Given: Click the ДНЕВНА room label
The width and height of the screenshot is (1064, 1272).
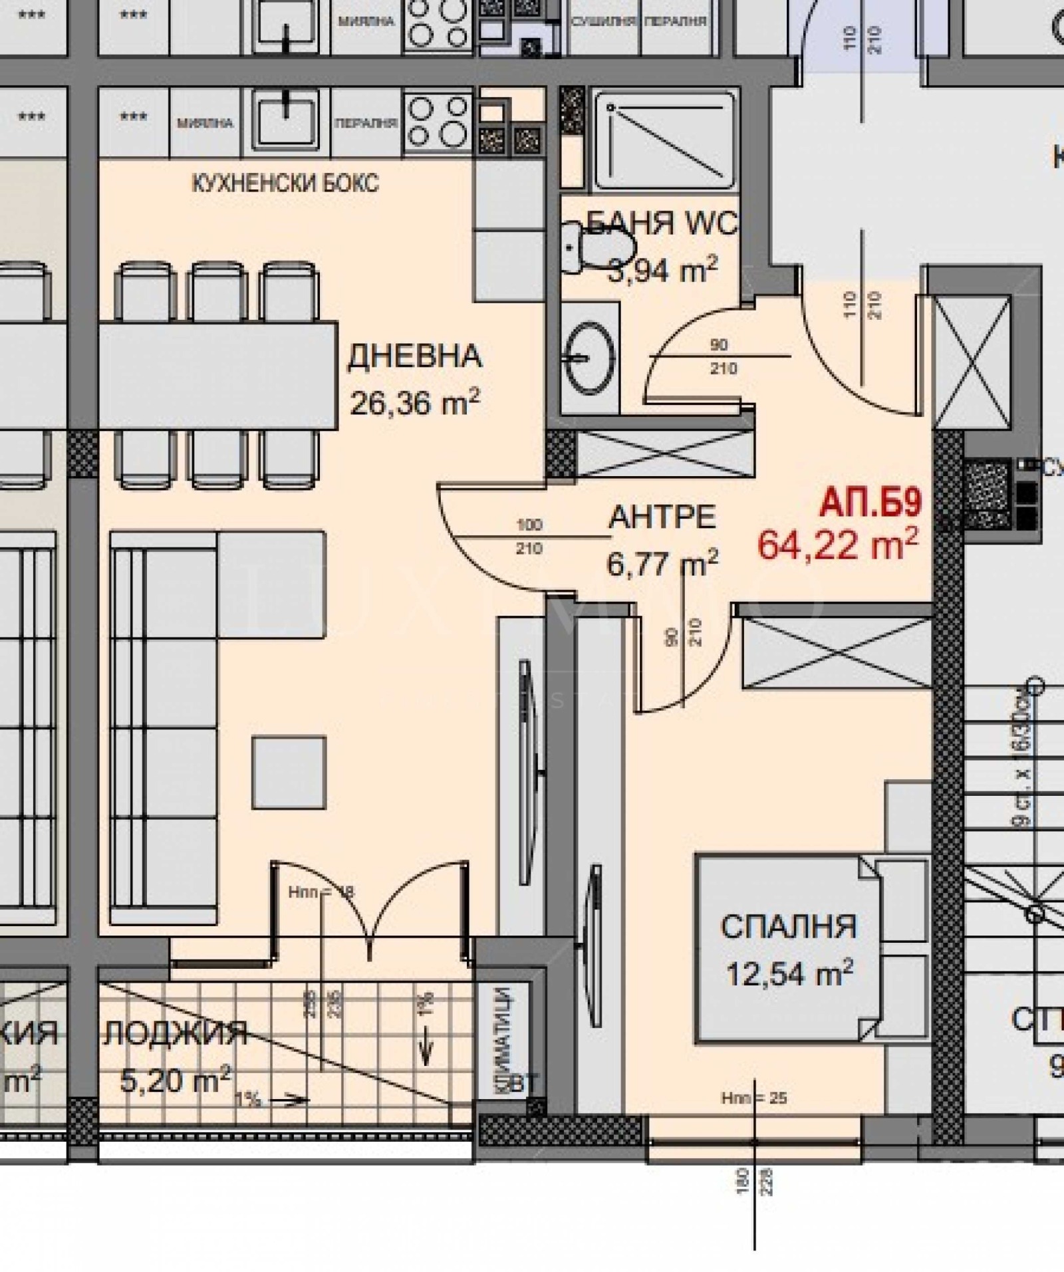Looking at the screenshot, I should (x=414, y=357).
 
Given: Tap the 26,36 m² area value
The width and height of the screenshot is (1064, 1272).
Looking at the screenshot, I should (x=414, y=403).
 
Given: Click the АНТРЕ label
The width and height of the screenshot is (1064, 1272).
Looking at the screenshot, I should (x=662, y=517).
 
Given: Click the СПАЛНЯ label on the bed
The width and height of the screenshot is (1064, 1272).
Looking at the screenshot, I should (x=789, y=927).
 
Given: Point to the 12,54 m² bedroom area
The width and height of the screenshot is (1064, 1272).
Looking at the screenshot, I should (x=789, y=974).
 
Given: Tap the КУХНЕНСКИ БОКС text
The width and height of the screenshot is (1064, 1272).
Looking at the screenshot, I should (x=285, y=183).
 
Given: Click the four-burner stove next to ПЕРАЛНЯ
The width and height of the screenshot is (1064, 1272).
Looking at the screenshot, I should (x=437, y=121).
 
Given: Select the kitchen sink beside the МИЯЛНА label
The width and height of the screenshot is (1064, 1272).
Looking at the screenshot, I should (x=286, y=120).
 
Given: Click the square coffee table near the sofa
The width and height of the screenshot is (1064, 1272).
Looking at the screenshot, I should (x=289, y=772).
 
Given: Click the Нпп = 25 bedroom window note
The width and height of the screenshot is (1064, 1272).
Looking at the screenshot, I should (x=753, y=1098).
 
